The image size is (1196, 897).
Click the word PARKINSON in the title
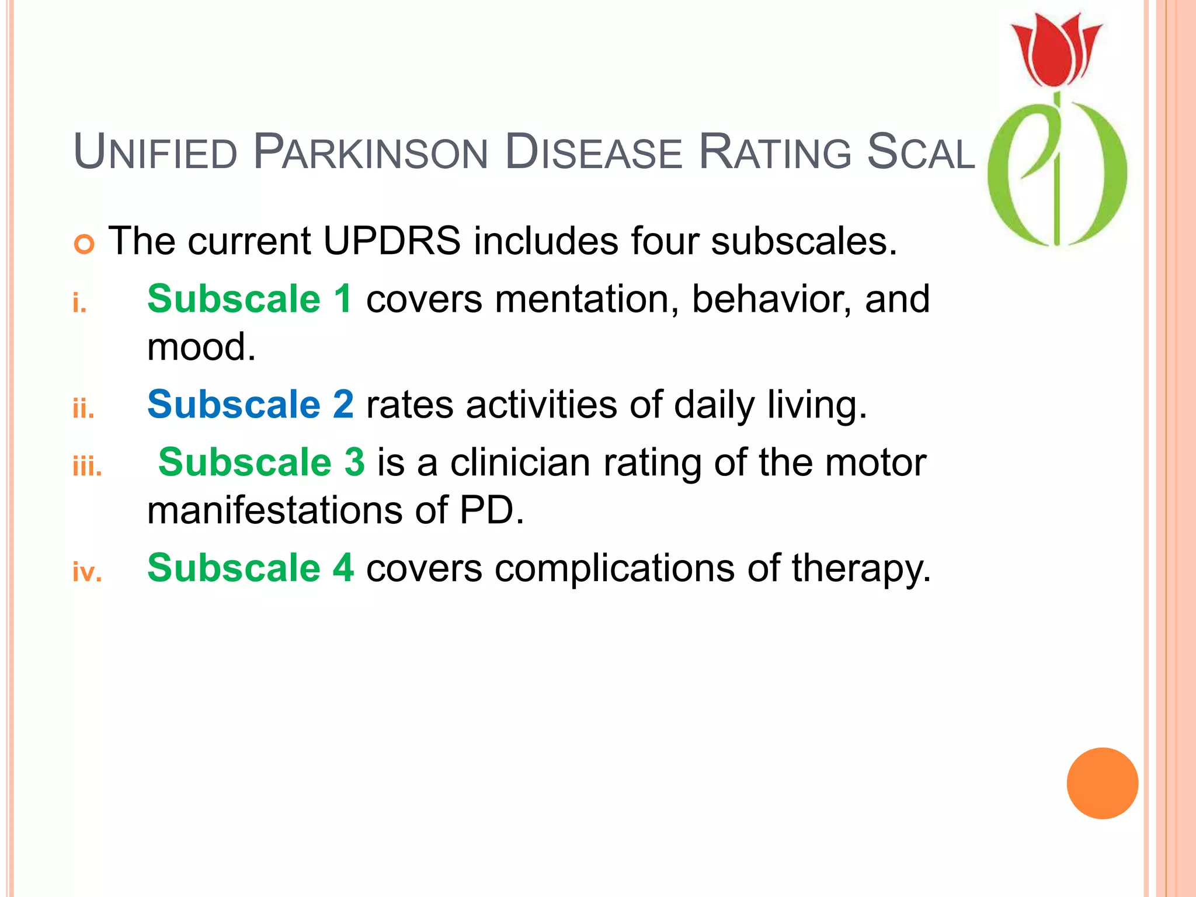point(370,153)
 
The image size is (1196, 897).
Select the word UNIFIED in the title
point(155,153)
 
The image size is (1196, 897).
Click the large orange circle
point(1102,783)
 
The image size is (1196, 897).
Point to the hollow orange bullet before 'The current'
point(85,244)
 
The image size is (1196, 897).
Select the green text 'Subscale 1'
point(249,299)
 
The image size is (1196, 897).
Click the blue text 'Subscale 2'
point(250,404)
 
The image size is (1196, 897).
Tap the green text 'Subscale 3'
point(261,462)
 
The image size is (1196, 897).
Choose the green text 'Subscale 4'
point(250,568)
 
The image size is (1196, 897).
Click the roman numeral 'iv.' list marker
point(87,572)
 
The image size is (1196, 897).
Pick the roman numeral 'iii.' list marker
point(87,467)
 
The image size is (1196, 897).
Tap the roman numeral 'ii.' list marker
point(84,408)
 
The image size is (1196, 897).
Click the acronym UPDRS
point(391,241)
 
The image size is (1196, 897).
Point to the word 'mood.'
point(201,347)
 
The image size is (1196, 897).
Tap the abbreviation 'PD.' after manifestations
point(492,510)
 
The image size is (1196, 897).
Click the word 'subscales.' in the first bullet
point(804,241)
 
